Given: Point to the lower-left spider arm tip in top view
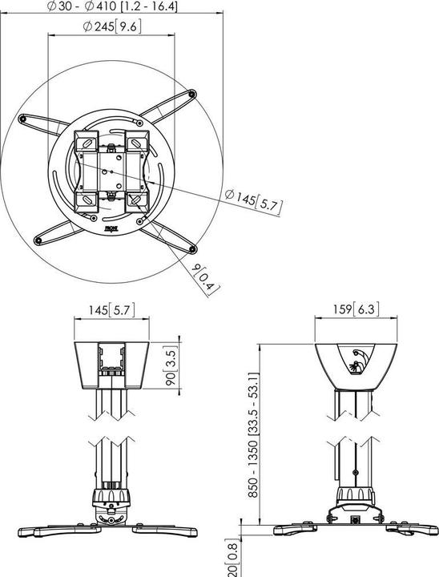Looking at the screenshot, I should click(x=38, y=238).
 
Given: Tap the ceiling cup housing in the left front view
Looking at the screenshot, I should click(x=112, y=365).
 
